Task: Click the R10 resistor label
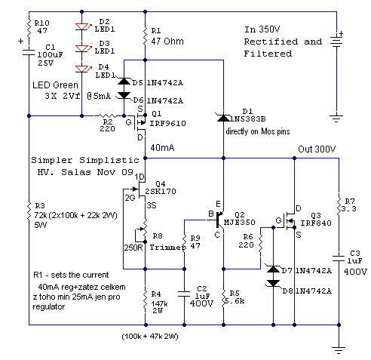click(x=41, y=23)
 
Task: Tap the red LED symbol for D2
click(x=83, y=26)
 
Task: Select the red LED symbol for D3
click(x=83, y=48)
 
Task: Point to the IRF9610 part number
click(x=167, y=124)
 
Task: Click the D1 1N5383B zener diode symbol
click(x=223, y=117)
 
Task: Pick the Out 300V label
click(x=317, y=149)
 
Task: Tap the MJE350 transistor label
click(x=239, y=223)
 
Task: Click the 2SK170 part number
click(x=161, y=192)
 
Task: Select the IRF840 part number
click(x=316, y=223)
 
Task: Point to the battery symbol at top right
click(x=336, y=41)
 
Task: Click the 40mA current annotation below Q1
click(x=162, y=148)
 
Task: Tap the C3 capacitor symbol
click(x=339, y=259)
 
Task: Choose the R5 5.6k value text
click(x=235, y=301)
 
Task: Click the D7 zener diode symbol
click(x=273, y=269)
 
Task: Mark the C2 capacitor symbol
click(x=184, y=294)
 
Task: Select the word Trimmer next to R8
click(x=167, y=248)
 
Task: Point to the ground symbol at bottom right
click(x=339, y=350)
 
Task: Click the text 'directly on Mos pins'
click(x=258, y=131)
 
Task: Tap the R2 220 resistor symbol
click(x=106, y=115)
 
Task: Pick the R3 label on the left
click(x=40, y=206)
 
